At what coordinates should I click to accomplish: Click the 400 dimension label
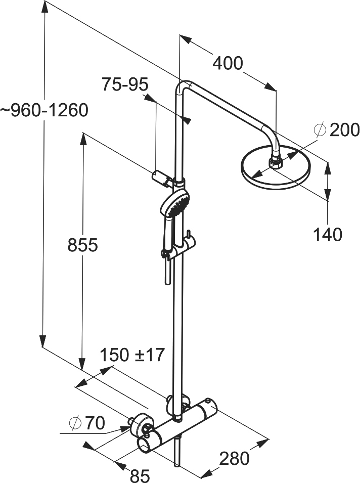pos(228,63)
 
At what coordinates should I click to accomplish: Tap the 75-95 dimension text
pos(125,84)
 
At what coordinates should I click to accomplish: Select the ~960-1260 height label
pos(44,110)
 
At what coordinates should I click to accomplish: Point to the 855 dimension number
pos(82,245)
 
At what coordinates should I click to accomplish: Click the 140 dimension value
pos(328,234)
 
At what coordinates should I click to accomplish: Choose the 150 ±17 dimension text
pos(132,355)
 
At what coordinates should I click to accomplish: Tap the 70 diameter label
pos(95,423)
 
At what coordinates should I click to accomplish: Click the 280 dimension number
pos(234,458)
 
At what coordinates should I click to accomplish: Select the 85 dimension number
pos(140,475)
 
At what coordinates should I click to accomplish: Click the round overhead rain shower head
pos(276,166)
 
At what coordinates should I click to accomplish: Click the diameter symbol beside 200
pos(320,129)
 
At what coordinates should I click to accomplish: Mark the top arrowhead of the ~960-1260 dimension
pos(45,6)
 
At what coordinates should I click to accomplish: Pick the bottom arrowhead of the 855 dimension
pos(82,364)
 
